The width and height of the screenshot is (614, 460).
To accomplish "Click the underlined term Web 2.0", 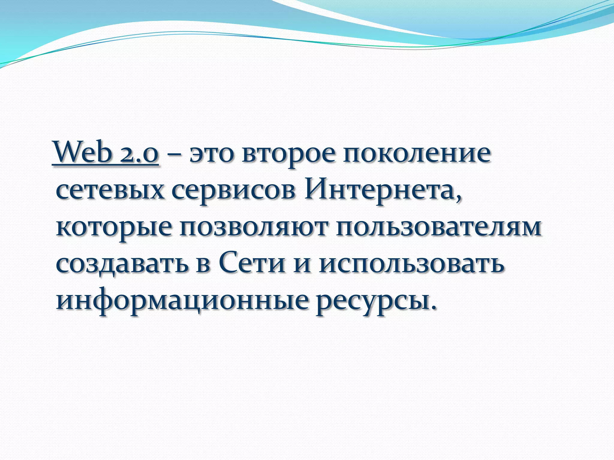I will [x=106, y=153].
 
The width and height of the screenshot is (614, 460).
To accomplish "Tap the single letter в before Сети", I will [x=204, y=265].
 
